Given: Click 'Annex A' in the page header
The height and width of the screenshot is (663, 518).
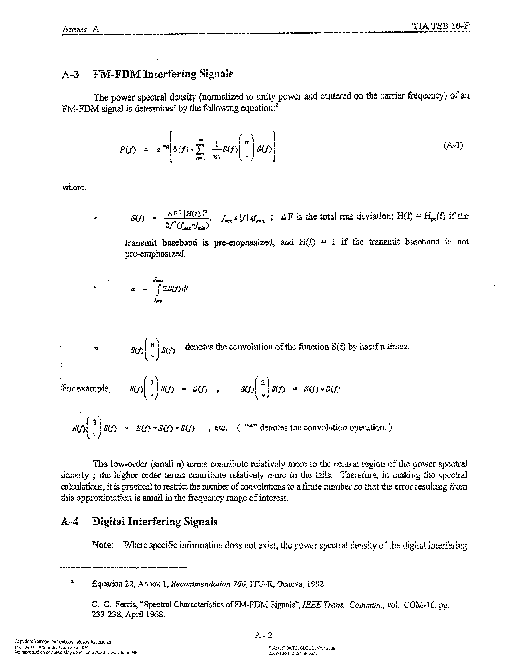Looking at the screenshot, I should [x=80, y=29].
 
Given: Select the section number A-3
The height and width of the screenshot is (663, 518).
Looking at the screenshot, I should [x=70, y=74].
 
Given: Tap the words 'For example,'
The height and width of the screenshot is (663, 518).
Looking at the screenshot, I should [x=86, y=389].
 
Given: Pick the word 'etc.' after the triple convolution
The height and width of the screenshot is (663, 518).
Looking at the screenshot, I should [x=221, y=428].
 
